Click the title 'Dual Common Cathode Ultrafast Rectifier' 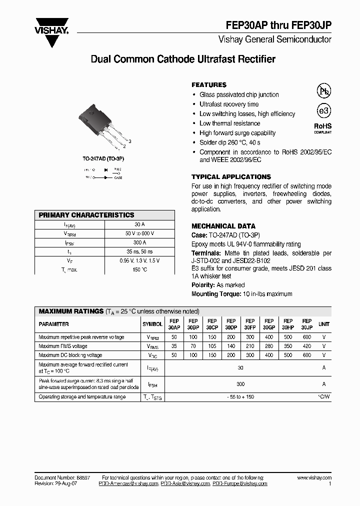(x=183, y=59)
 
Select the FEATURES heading (x=209, y=85)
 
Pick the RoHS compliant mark (x=322, y=127)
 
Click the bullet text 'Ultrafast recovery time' (x=229, y=104)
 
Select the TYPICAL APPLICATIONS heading (x=231, y=177)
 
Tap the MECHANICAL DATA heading (x=223, y=226)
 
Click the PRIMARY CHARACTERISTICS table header (x=86, y=215)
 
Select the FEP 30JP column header (x=307, y=324)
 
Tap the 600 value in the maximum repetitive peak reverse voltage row (x=307, y=337)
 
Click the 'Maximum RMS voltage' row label (x=63, y=346)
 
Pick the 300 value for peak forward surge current (x=240, y=384)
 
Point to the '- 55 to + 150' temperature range (x=240, y=396)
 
